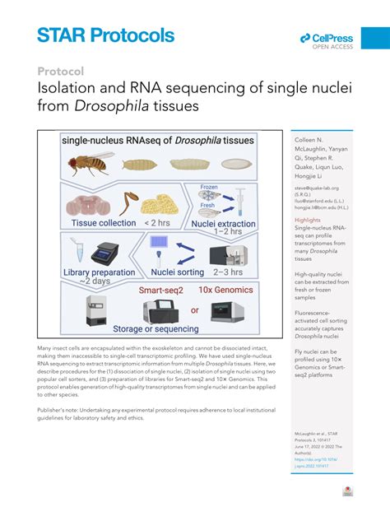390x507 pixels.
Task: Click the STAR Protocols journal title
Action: [105, 35]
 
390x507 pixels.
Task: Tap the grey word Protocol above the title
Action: [60, 72]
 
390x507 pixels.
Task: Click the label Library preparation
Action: [100, 272]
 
